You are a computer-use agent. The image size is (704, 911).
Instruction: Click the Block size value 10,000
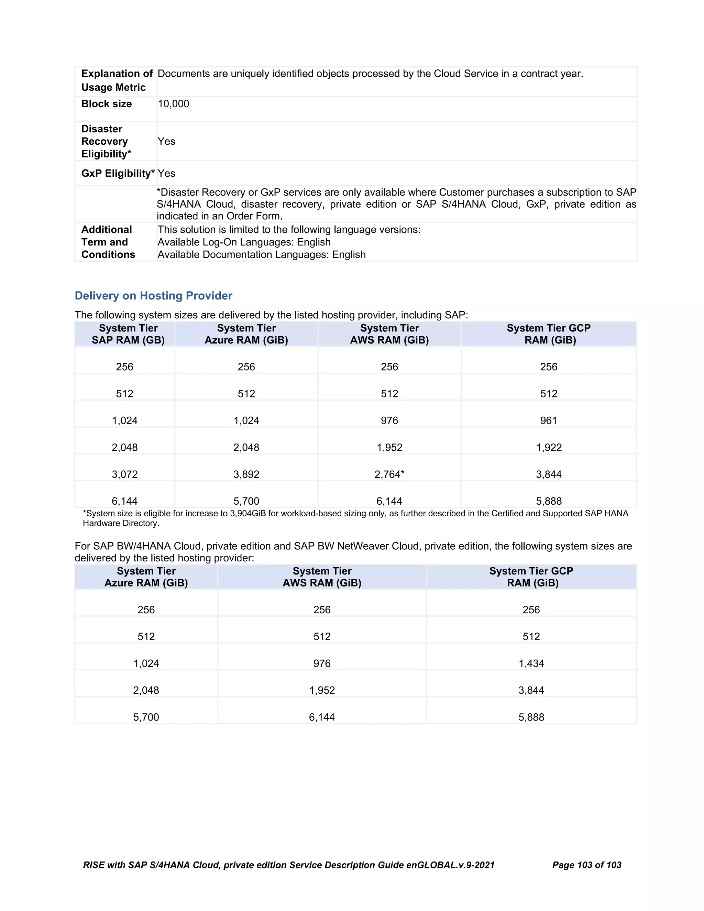pyautogui.click(x=173, y=104)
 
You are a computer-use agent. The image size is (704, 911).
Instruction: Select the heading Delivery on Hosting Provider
pyautogui.click(x=153, y=296)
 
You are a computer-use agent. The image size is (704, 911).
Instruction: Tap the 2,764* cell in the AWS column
pyautogui.click(x=389, y=474)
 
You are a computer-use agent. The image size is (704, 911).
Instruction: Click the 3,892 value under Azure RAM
pyautogui.click(x=246, y=474)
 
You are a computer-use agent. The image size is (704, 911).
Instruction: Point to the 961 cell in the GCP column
pyautogui.click(x=548, y=420)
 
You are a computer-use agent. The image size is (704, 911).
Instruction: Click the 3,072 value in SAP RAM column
pyautogui.click(x=125, y=474)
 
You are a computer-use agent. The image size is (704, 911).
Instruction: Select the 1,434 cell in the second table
pyautogui.click(x=531, y=663)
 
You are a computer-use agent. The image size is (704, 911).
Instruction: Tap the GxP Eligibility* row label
pyautogui.click(x=118, y=174)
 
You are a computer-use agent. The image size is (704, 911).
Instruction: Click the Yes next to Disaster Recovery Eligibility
pyautogui.click(x=166, y=141)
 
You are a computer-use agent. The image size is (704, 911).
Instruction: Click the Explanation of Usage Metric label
pyautogui.click(x=117, y=80)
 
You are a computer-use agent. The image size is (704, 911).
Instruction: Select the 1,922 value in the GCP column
pyautogui.click(x=548, y=448)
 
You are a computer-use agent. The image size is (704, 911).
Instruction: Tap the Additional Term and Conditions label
pyautogui.click(x=108, y=242)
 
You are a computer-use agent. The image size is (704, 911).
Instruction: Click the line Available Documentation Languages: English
pyautogui.click(x=262, y=255)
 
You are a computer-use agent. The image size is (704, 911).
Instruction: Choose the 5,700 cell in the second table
pyautogui.click(x=146, y=717)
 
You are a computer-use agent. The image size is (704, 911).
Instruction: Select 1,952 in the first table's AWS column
pyautogui.click(x=389, y=448)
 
